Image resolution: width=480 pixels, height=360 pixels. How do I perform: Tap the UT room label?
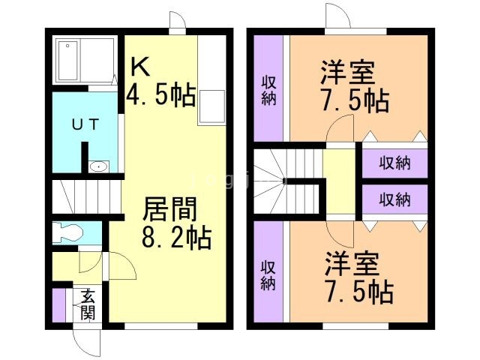click(x=84, y=126)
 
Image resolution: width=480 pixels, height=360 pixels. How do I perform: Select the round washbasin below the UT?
click(x=97, y=166)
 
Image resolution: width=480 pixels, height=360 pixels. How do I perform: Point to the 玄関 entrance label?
click(x=88, y=304)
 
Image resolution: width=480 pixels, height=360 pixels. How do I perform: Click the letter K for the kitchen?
click(x=141, y=67)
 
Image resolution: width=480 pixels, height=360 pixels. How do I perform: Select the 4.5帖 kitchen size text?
click(x=160, y=96)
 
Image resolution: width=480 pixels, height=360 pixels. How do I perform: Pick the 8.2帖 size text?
click(x=176, y=238)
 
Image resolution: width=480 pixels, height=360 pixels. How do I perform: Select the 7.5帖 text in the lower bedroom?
click(x=359, y=292)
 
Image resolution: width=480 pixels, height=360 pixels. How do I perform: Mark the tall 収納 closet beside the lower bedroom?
click(x=268, y=274)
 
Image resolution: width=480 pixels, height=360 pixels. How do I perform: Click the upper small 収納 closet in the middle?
click(x=394, y=163)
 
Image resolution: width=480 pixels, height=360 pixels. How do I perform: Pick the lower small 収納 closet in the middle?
click(x=394, y=199)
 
